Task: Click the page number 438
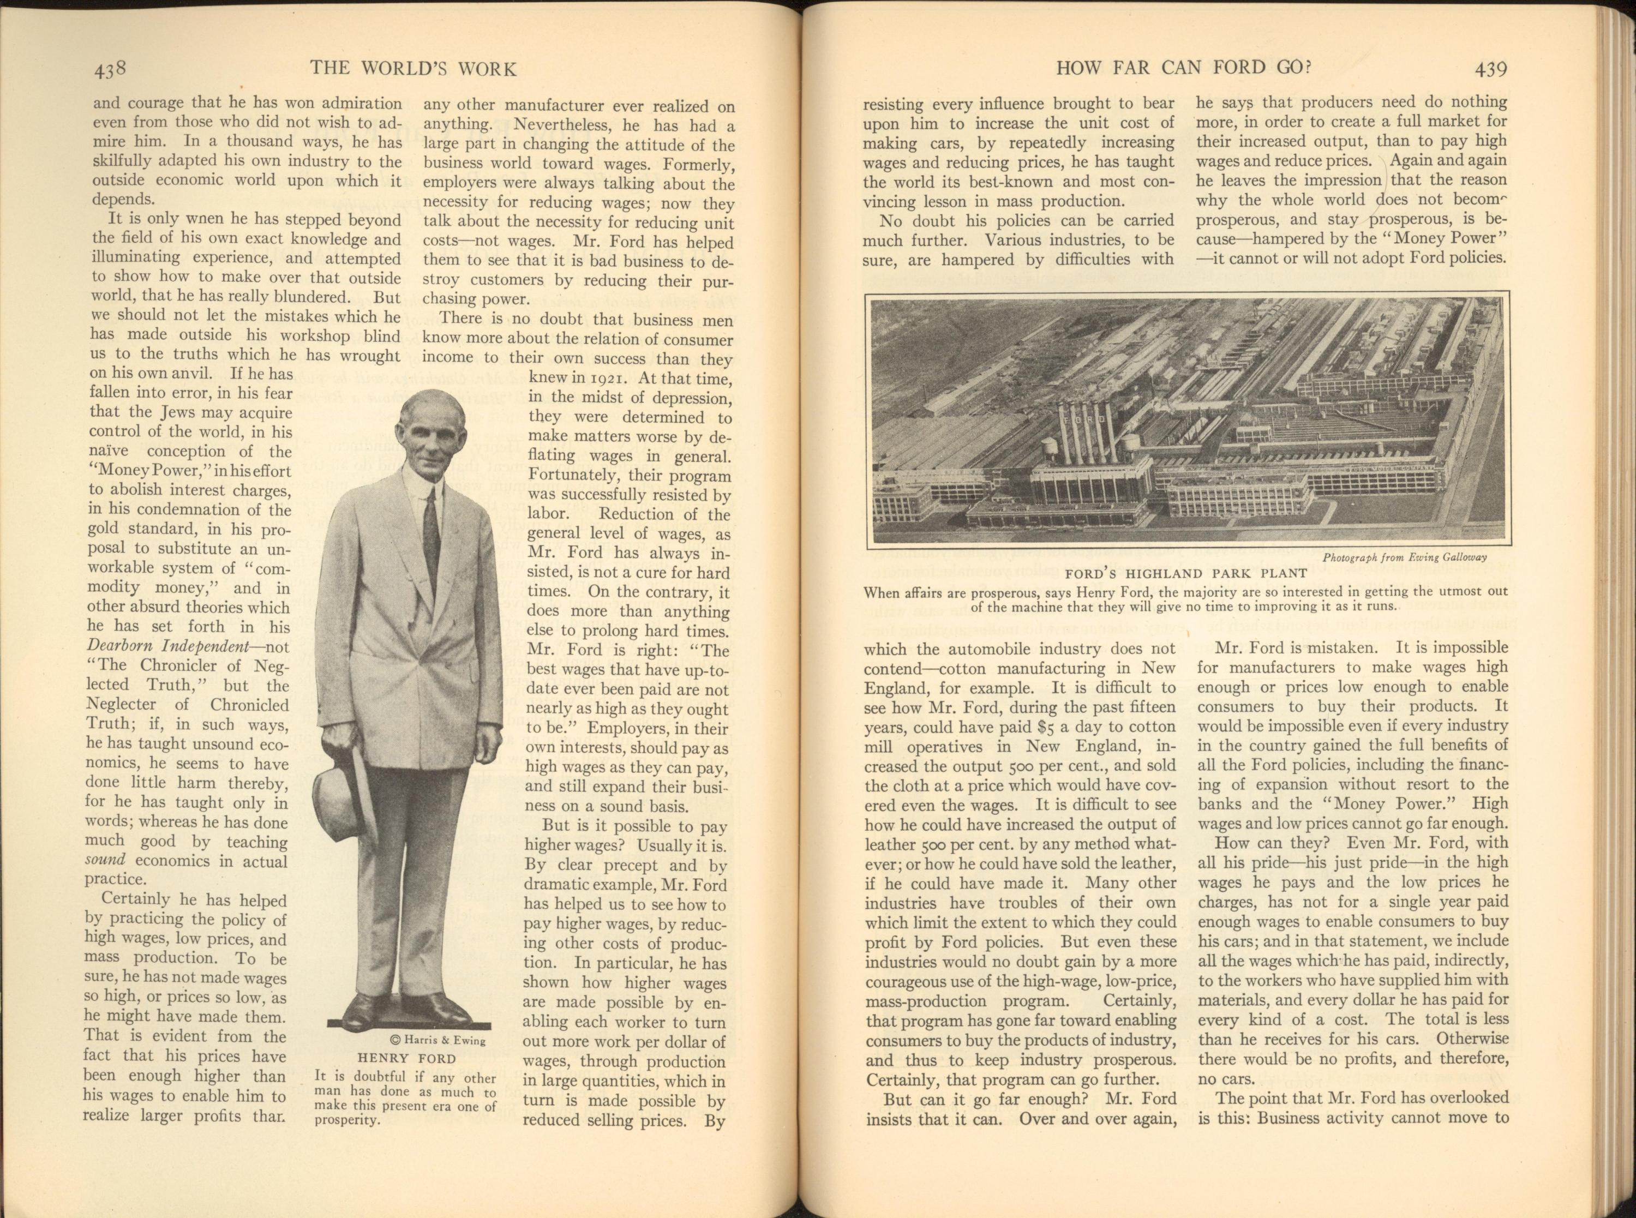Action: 111,70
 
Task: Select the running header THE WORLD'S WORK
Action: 413,69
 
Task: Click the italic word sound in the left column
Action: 105,860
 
